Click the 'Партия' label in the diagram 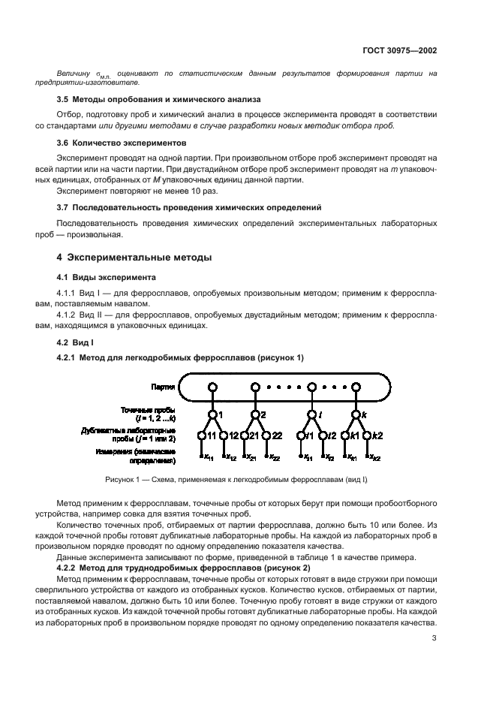coord(163,387)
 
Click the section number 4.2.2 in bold coord(69,568)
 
